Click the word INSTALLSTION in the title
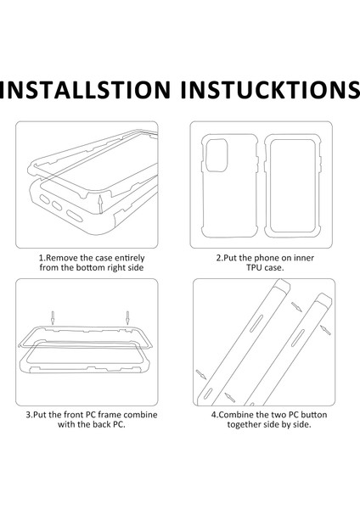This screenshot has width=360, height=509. (85, 90)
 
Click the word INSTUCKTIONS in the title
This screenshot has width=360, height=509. (270, 90)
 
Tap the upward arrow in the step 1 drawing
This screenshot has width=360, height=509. (101, 204)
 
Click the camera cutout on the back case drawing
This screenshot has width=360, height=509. (217, 155)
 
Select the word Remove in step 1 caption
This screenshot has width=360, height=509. (62, 258)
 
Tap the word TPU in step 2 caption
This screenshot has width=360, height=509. (254, 268)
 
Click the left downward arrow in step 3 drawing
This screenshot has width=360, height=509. (53, 318)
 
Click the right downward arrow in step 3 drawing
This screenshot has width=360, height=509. (127, 318)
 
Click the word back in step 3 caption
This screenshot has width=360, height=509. (103, 425)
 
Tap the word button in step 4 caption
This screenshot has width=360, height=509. (314, 415)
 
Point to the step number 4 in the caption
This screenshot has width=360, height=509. (213, 415)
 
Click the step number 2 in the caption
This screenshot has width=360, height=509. (219, 258)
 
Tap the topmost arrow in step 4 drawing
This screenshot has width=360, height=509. (296, 307)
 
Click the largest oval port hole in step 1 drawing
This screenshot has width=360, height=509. (75, 216)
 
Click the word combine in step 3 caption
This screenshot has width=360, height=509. (141, 415)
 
